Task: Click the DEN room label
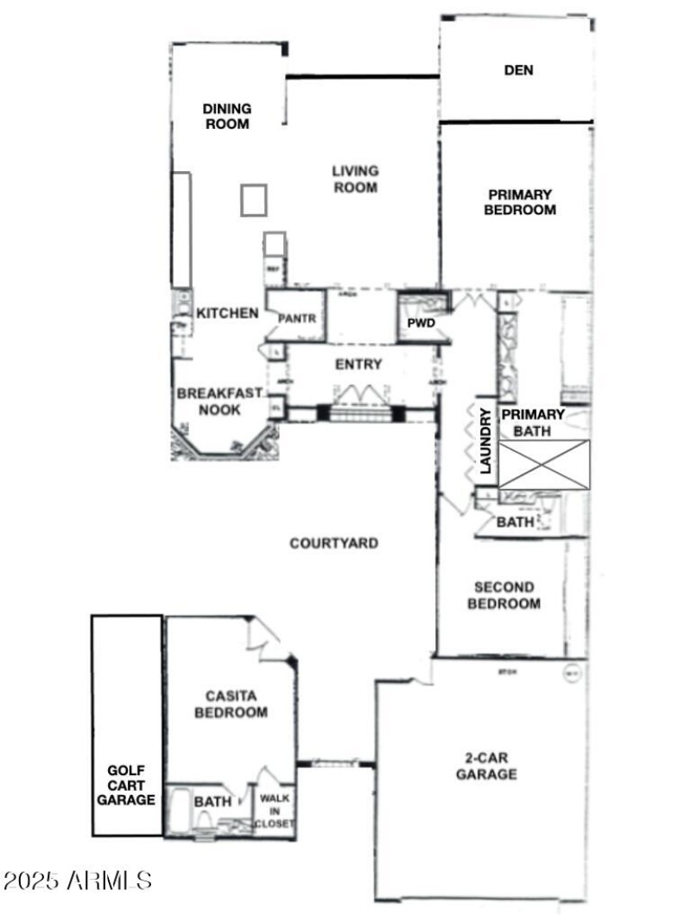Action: tap(518, 70)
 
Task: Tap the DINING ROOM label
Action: tap(227, 116)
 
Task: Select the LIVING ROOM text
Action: tap(355, 179)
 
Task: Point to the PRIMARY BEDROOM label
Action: tap(519, 201)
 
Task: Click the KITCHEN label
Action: tap(227, 313)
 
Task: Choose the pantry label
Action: tap(298, 319)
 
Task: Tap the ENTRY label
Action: tap(358, 365)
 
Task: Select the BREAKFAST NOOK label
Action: tap(219, 400)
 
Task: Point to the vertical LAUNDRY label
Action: tap(485, 441)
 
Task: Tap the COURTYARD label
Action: tap(333, 544)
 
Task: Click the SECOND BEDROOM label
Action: tap(504, 595)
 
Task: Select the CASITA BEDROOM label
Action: tap(231, 703)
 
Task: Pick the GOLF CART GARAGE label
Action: tap(126, 785)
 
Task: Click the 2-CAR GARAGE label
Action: tap(486, 766)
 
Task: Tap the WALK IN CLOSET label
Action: tap(276, 811)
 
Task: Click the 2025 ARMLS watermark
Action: tap(79, 881)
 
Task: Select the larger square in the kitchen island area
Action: tap(254, 200)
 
